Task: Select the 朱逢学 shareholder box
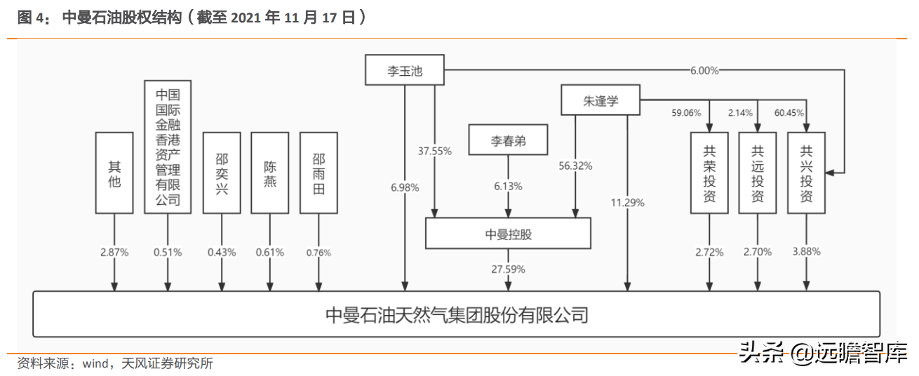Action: [600, 100]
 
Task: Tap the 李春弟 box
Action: [508, 142]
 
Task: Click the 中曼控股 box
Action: [508, 234]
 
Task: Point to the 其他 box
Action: [114, 173]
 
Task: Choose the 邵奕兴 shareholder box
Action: [222, 173]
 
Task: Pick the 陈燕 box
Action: [270, 173]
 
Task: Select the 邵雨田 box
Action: [318, 173]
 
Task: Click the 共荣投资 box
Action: [709, 173]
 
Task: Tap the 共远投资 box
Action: [758, 173]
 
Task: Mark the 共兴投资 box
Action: [806, 173]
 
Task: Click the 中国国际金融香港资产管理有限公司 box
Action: [168, 147]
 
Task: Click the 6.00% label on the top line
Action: [704, 70]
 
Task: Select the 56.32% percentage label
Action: [575, 166]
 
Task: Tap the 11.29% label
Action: [627, 203]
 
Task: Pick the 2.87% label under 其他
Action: [114, 252]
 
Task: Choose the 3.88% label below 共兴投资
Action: [806, 251]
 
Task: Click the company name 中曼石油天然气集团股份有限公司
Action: [457, 314]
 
